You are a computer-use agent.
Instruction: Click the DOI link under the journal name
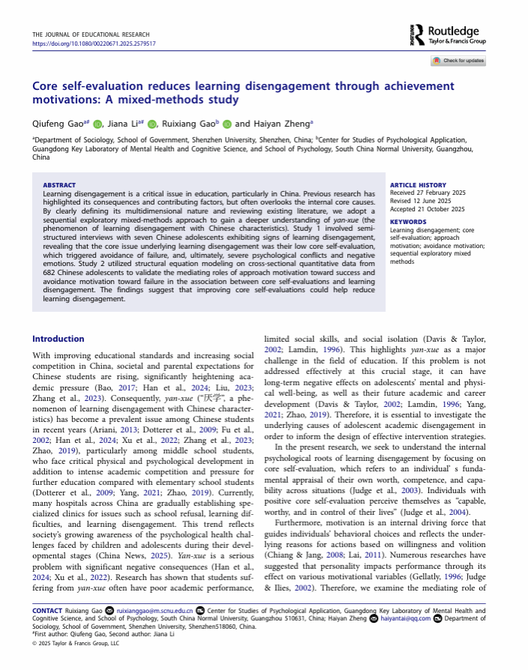click(94, 43)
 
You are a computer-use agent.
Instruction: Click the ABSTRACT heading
click(59, 185)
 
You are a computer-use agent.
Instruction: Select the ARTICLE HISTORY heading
click(418, 185)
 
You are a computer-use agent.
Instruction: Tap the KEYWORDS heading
click(408, 222)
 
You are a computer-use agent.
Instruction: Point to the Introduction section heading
click(58, 339)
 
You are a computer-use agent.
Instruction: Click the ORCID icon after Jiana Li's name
click(152, 124)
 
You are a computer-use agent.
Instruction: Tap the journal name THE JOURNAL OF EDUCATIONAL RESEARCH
click(91, 34)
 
